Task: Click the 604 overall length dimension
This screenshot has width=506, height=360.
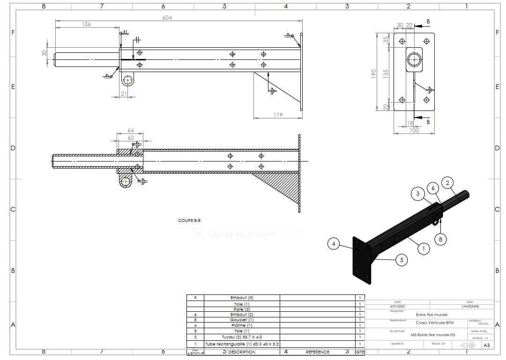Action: (167, 18)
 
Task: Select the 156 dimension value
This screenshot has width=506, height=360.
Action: (86, 24)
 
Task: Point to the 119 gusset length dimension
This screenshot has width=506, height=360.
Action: (278, 115)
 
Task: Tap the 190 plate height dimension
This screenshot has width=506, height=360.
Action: (374, 74)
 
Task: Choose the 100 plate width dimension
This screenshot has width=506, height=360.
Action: (414, 130)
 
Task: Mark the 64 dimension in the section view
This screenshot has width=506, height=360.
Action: (130, 131)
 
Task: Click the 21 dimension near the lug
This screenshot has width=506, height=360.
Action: (124, 94)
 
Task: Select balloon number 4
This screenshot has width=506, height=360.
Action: (334, 243)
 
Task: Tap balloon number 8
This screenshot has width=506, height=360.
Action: (440, 239)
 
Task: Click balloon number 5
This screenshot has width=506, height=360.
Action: (401, 260)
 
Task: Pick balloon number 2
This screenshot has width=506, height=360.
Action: (447, 183)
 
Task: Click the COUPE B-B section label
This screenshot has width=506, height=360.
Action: (189, 220)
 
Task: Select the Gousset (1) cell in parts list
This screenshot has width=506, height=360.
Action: (242, 320)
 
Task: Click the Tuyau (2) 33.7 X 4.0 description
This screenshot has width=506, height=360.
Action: (242, 337)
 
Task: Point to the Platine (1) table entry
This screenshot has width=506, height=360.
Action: (242, 325)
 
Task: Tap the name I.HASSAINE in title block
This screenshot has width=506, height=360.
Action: (469, 307)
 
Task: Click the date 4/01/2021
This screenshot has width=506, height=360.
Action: (398, 307)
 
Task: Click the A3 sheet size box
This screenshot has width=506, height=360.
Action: (486, 345)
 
